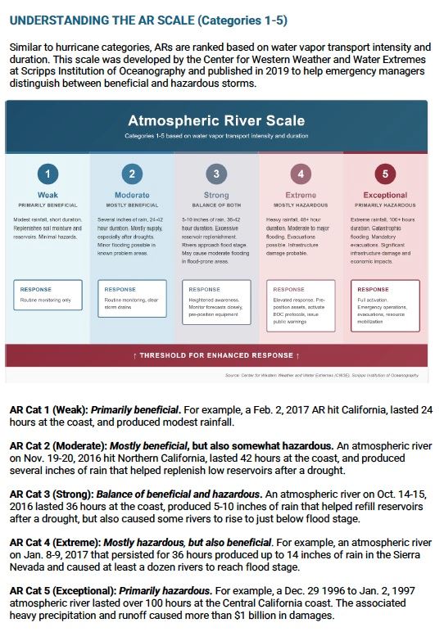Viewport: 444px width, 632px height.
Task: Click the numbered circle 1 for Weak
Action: point(48,174)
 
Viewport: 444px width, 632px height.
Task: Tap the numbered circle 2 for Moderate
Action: point(132,174)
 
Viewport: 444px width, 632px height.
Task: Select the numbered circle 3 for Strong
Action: point(215,174)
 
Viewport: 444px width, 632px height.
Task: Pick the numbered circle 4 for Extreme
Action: point(301,174)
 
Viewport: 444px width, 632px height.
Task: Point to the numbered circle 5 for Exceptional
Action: point(384,174)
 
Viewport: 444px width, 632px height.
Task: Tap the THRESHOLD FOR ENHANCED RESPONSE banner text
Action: point(216,356)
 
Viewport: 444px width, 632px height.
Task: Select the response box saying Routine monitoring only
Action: point(48,296)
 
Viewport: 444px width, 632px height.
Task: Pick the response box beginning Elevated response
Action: point(301,305)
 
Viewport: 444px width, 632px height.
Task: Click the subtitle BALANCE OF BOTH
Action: point(215,205)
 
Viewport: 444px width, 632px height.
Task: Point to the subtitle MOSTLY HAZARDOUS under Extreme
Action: point(301,205)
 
